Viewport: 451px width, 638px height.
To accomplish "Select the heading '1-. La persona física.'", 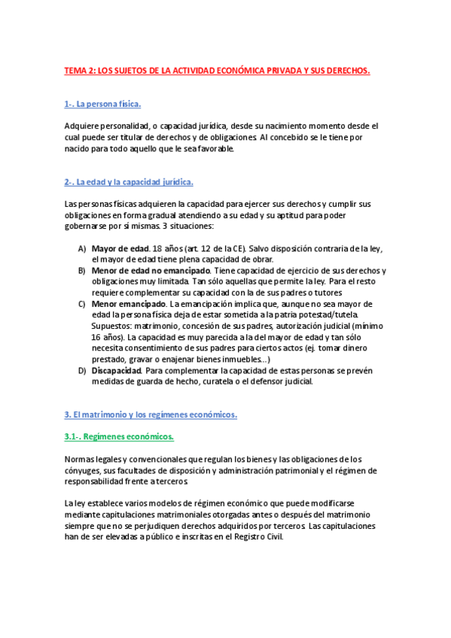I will [103, 104].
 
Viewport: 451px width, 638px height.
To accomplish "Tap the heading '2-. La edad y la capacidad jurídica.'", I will [130, 182].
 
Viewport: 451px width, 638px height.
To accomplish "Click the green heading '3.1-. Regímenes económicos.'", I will [119, 436].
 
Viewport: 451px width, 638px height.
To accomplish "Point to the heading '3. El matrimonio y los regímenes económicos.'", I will [151, 415].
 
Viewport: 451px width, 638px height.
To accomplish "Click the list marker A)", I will [81, 248].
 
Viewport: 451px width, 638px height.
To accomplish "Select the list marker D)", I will [81, 371].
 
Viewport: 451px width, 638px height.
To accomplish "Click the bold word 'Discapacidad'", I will [116, 371].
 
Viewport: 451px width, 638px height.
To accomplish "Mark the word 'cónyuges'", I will [84, 471].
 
